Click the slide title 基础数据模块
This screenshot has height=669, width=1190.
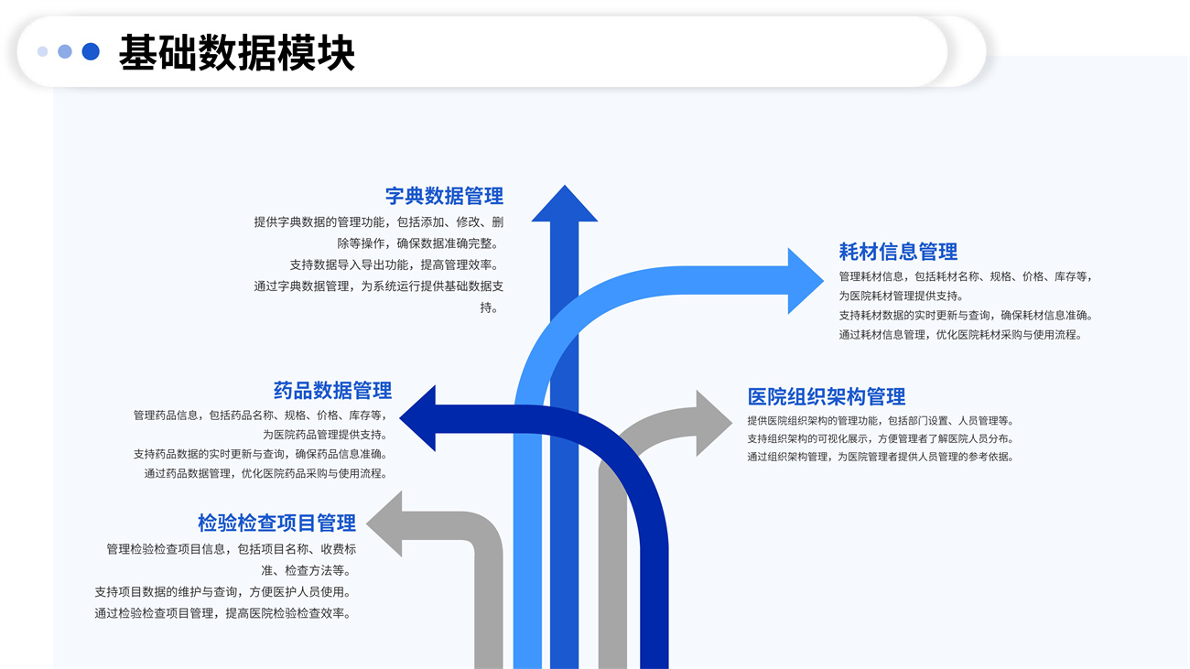236,53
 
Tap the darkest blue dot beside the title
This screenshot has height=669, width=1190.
91,51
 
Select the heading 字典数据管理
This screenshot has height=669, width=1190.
444,196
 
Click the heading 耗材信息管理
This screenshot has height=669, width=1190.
898,252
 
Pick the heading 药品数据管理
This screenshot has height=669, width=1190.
332,391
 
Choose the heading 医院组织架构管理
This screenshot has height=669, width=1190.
826,396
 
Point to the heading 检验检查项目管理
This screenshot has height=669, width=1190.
276,523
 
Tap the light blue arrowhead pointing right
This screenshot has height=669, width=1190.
804,281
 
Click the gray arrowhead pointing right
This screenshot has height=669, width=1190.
712,423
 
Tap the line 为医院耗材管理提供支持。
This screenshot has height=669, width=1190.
901,296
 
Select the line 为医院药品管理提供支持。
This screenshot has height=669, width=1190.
325,435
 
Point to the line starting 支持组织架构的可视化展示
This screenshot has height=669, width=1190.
880,438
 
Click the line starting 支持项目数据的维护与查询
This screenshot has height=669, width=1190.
222,592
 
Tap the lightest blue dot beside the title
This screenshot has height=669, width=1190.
42,51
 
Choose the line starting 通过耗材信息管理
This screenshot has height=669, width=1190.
960,335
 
